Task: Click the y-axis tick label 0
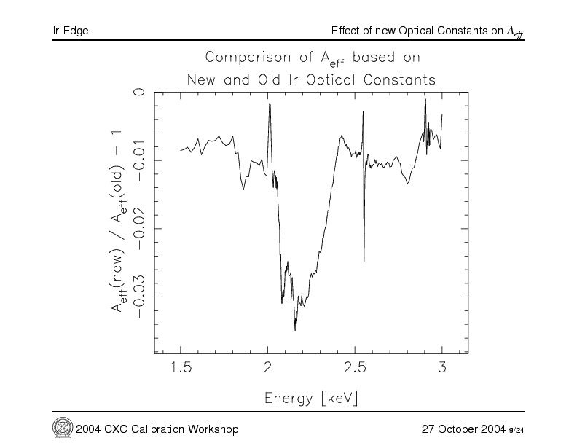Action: click(138, 93)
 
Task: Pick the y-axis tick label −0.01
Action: click(138, 160)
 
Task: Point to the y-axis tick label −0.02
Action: click(138, 228)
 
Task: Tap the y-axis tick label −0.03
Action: click(138, 297)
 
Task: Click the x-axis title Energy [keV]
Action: click(311, 398)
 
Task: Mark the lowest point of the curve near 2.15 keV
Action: click(295, 330)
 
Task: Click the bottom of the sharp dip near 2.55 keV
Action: click(364, 264)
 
